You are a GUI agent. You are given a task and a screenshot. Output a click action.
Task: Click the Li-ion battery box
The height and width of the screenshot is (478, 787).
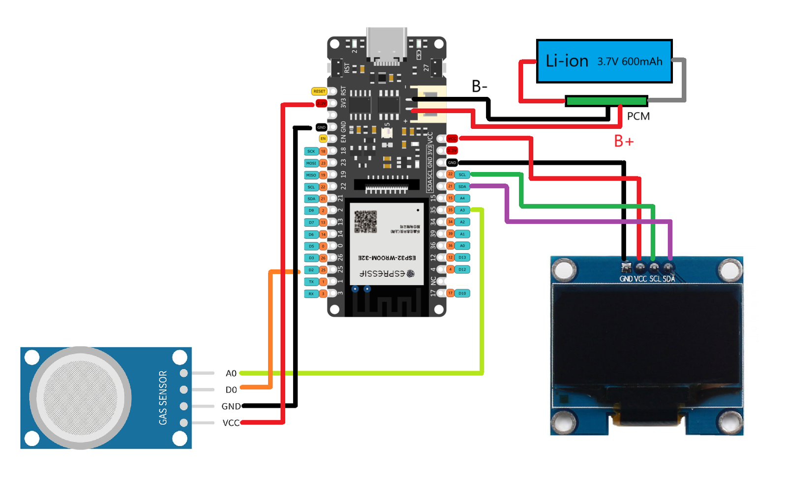click(x=604, y=61)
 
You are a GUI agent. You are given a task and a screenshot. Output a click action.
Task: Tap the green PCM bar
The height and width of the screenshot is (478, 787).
click(x=606, y=101)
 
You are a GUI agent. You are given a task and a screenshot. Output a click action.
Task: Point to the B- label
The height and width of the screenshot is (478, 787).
click(x=479, y=87)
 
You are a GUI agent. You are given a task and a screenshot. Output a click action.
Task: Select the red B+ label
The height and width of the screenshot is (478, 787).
click(x=624, y=142)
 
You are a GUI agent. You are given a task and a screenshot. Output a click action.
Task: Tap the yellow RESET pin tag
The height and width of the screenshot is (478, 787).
click(x=319, y=91)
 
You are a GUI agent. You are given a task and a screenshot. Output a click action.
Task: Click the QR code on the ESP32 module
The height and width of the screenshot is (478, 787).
click(x=365, y=222)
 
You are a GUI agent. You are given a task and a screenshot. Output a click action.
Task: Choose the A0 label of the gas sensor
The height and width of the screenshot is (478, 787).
click(x=231, y=373)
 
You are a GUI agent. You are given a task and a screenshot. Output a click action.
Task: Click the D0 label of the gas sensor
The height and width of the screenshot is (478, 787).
click(x=231, y=390)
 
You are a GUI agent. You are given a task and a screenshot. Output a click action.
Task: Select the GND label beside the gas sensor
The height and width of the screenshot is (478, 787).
click(x=231, y=406)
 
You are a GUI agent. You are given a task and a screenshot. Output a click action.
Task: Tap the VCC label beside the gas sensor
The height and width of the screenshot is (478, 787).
click(x=231, y=423)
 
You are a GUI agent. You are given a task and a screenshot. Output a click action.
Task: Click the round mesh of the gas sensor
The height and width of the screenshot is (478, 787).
click(x=80, y=397)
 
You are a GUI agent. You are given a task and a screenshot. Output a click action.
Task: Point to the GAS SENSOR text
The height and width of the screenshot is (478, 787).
click(x=163, y=397)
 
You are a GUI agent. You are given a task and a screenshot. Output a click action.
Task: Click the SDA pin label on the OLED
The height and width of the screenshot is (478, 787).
click(x=669, y=279)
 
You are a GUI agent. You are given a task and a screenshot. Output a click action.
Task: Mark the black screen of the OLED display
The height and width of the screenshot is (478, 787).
click(x=647, y=334)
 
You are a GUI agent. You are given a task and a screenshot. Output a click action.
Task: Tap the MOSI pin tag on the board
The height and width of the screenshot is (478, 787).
click(x=311, y=163)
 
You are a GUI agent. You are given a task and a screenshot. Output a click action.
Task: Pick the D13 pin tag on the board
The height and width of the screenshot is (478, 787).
click(x=462, y=257)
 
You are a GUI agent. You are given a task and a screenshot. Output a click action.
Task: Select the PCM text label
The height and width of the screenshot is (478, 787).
click(x=638, y=116)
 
